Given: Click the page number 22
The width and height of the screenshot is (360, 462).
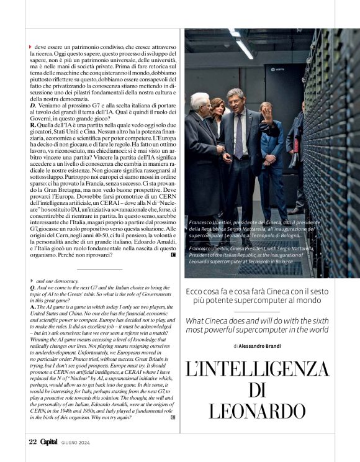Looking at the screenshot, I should (33, 442).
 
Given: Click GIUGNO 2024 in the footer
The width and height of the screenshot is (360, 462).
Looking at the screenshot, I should (76, 443).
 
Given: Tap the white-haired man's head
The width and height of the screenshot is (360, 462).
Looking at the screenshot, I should (200, 102).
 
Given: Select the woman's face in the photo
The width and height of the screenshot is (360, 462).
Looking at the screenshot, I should (218, 110).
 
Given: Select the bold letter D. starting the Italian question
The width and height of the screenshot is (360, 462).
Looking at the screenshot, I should (33, 106).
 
